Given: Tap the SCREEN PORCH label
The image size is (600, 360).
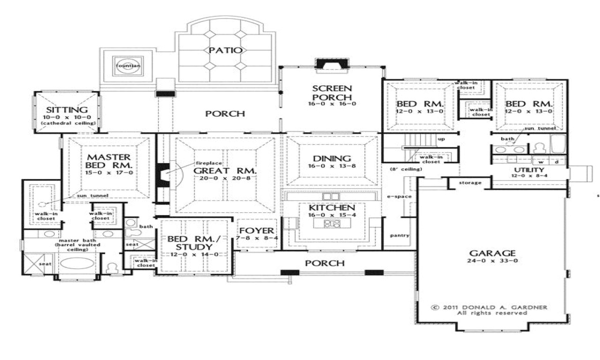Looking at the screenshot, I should coord(332,93).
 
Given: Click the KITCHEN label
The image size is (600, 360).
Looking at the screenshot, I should coord(331,207).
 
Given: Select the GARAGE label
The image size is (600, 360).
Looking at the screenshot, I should coord(492,253).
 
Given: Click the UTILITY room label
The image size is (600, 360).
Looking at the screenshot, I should coord(529,170).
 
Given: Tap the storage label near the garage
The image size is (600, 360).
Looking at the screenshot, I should coord(470,182).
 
